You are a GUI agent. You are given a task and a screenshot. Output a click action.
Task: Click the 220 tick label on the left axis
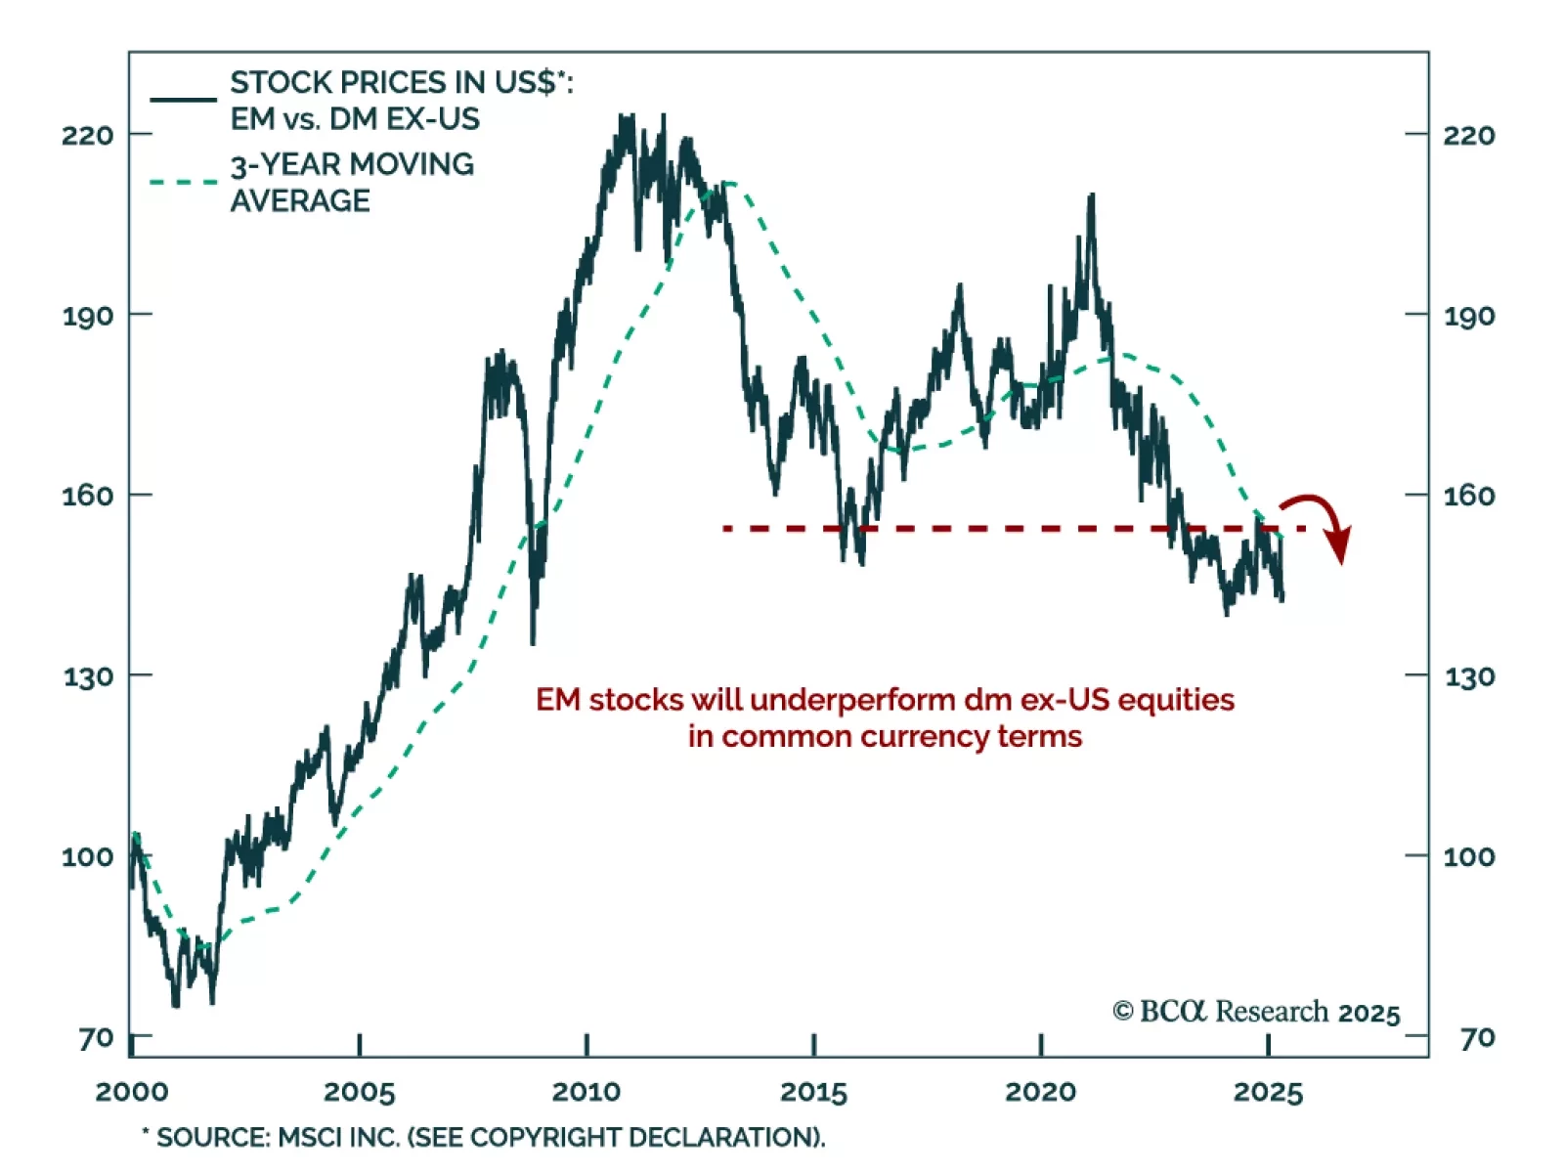pyautogui.click(x=87, y=134)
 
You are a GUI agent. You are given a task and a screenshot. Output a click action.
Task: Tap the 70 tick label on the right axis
pyautogui.click(x=1477, y=1037)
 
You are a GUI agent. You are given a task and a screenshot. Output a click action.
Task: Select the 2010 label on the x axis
pyautogui.click(x=586, y=1092)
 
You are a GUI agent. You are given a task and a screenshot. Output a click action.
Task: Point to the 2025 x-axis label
pyautogui.click(x=1268, y=1092)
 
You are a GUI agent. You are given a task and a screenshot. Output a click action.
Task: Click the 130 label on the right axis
pyautogui.click(x=1469, y=676)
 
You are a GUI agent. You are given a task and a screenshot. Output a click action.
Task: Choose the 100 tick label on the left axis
pyautogui.click(x=87, y=856)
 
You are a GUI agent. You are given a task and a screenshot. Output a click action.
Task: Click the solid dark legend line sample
pyautogui.click(x=184, y=100)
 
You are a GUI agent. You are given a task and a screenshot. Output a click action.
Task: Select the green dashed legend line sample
pyautogui.click(x=184, y=182)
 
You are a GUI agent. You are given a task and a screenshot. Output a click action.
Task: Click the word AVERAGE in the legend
pyautogui.click(x=300, y=200)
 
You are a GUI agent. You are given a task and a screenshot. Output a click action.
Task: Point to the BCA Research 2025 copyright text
pyautogui.click(x=1256, y=1012)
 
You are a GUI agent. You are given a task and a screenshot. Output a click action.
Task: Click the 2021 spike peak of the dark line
pyautogui.click(x=1091, y=196)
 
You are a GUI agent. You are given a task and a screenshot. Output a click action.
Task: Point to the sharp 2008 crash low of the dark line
pyautogui.click(x=533, y=642)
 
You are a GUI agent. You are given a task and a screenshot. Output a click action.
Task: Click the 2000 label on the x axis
pyautogui.click(x=132, y=1092)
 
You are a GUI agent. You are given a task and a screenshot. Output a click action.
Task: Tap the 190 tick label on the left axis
pyautogui.click(x=87, y=316)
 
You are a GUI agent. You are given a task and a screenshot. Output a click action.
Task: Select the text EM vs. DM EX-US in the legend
pyautogui.click(x=355, y=119)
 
